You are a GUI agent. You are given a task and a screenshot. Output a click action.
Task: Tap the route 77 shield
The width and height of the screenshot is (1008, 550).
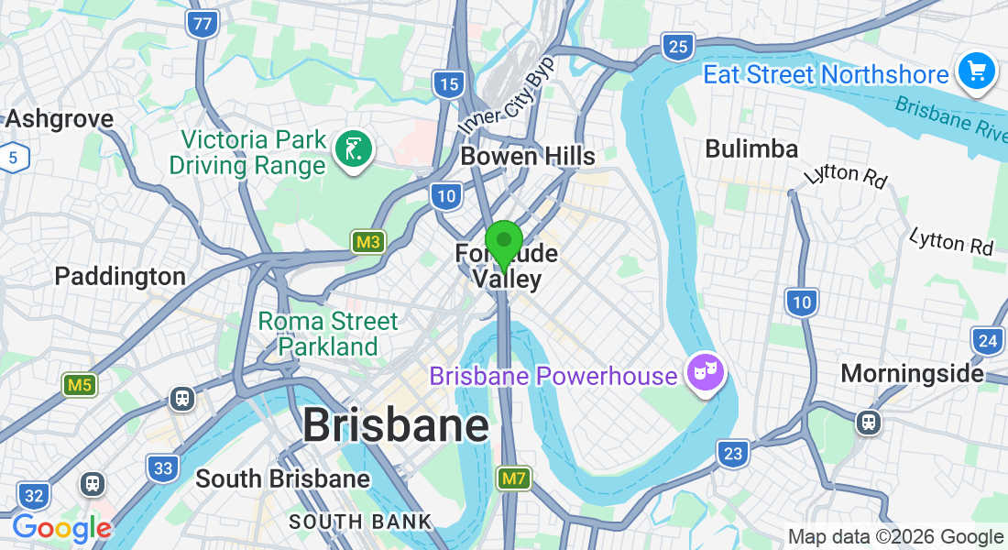202,24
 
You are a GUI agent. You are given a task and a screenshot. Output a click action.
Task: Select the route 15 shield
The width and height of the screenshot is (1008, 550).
448,84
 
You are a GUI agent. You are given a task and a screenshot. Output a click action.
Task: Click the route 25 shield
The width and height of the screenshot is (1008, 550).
678,46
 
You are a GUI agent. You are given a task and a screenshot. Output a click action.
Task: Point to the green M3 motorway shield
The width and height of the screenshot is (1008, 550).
368,242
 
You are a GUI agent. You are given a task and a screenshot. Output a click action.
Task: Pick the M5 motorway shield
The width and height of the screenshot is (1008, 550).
79,385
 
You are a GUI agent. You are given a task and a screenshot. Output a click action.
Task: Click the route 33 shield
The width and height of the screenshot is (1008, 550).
163,468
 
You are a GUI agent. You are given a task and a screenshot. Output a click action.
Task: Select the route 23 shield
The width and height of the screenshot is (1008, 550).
732,453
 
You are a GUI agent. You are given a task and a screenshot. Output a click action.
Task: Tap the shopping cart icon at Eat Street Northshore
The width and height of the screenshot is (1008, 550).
976,71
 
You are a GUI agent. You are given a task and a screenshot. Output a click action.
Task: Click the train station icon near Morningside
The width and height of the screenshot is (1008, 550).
869,422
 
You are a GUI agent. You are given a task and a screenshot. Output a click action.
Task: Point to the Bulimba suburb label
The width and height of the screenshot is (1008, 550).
751,148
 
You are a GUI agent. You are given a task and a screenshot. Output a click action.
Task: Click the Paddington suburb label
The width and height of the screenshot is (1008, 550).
120,276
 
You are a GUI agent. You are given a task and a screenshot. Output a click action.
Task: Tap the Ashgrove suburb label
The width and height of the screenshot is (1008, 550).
60,118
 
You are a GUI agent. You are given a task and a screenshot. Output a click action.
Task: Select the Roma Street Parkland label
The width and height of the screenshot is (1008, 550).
328,334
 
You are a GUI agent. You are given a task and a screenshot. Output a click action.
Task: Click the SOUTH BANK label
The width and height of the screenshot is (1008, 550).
360,522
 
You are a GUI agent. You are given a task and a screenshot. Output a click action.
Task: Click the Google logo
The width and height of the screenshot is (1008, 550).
61,528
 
